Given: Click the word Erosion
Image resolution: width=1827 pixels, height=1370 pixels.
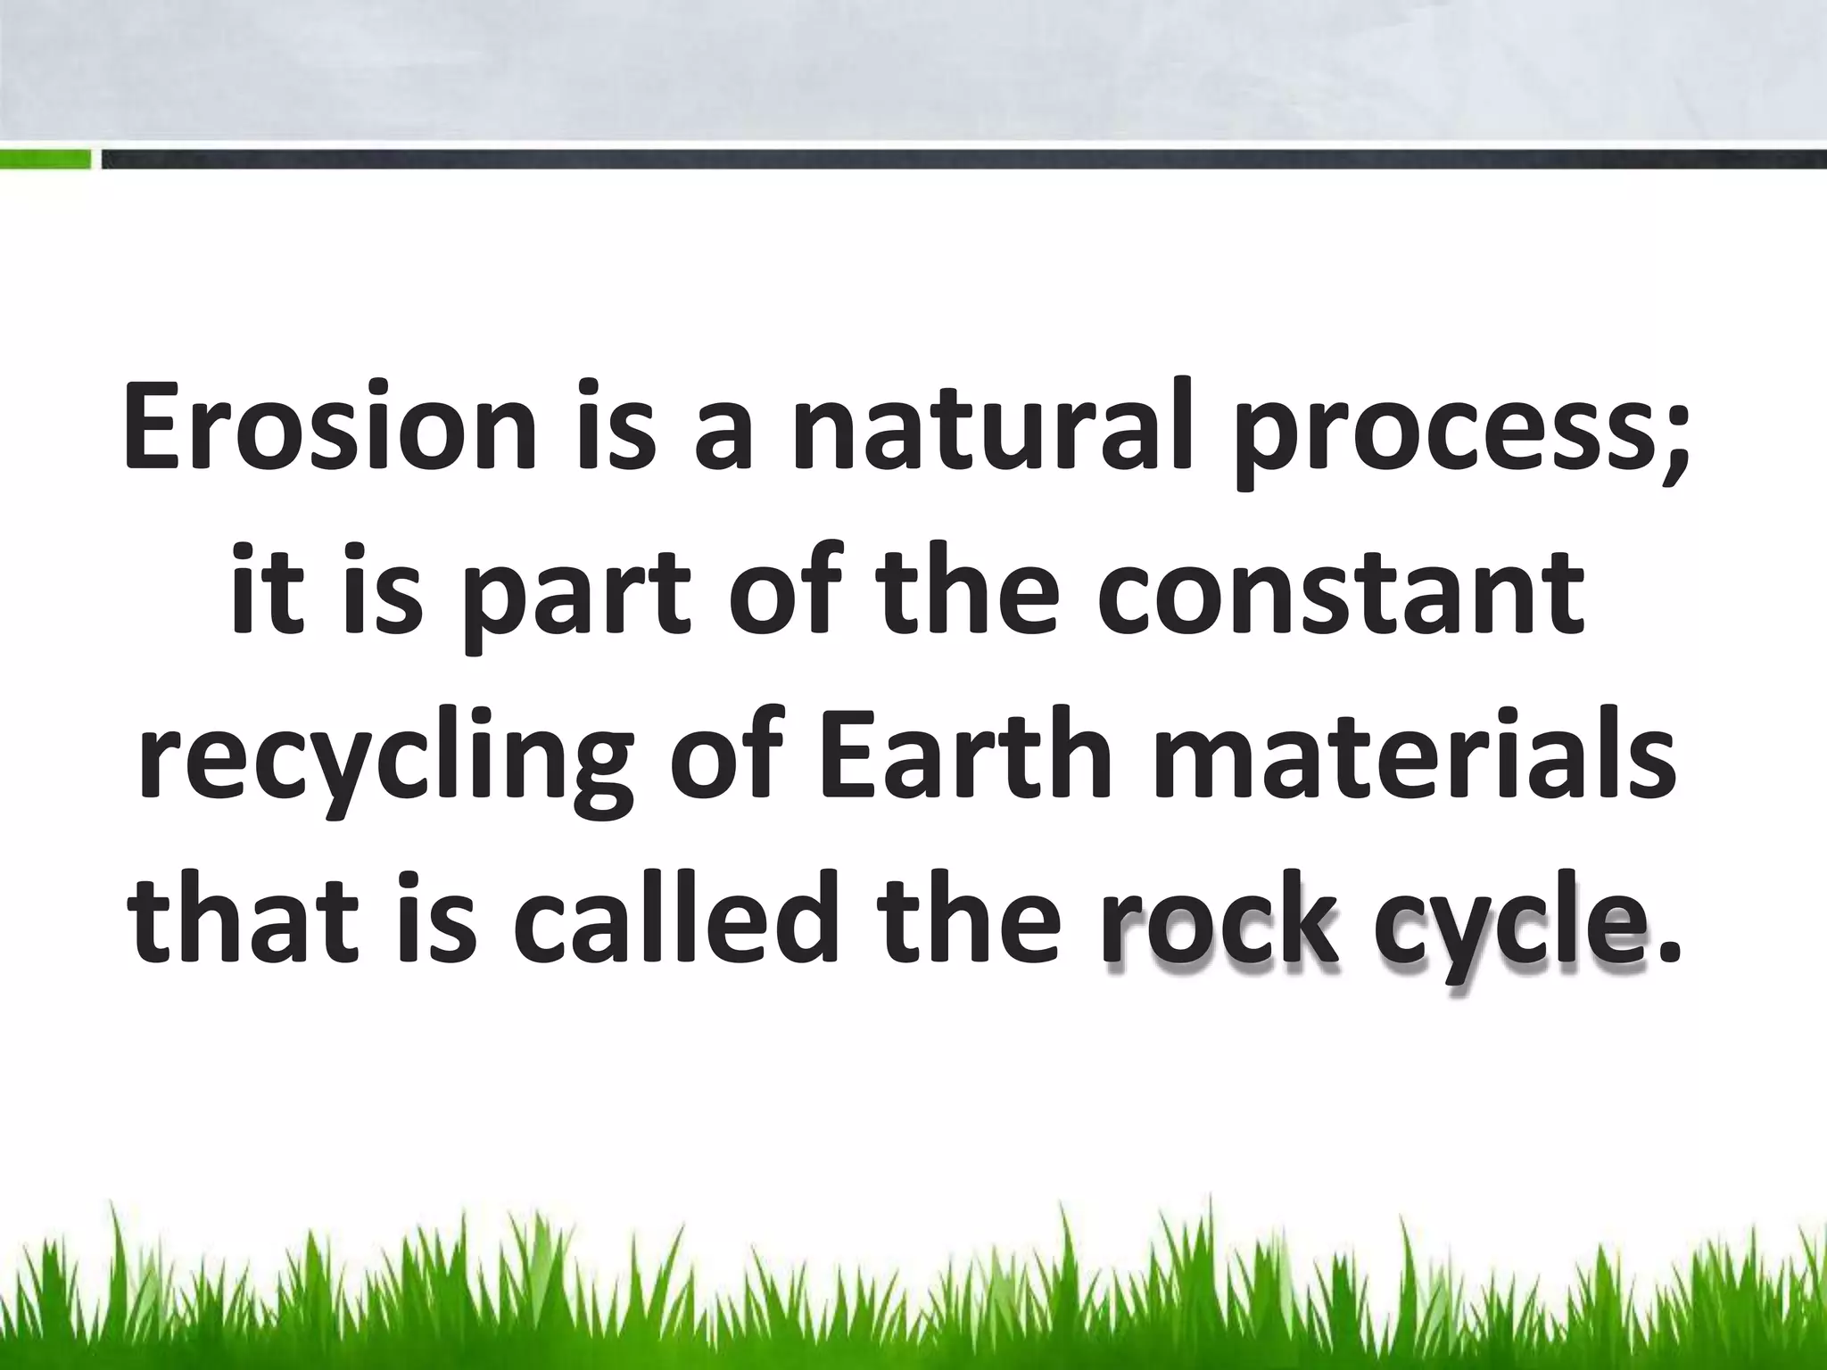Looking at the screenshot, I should (x=329, y=426).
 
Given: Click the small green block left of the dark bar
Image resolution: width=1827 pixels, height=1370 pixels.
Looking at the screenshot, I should (x=45, y=160).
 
